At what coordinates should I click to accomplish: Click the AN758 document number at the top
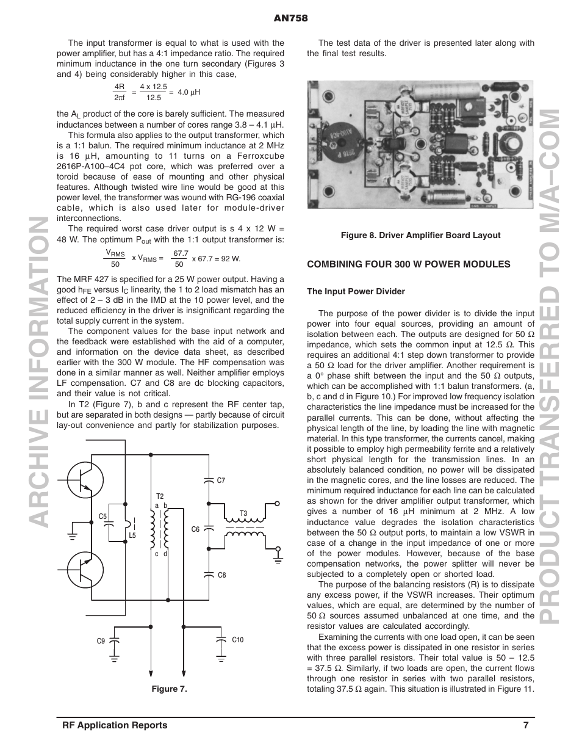pos(291,18)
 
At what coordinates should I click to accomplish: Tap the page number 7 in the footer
pos(525,725)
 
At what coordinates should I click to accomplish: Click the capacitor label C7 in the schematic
pos(221,480)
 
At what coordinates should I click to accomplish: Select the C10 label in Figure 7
pos(237,640)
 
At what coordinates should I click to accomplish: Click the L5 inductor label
pos(132,535)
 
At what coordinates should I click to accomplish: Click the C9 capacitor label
pos(101,640)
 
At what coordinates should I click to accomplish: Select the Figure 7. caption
pos(169,689)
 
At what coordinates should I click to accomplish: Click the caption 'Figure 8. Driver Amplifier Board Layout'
pos(420,235)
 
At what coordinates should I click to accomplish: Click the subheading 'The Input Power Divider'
pos(356,291)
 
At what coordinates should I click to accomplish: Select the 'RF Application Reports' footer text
pos(115,725)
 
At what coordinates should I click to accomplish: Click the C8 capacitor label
pos(221,575)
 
